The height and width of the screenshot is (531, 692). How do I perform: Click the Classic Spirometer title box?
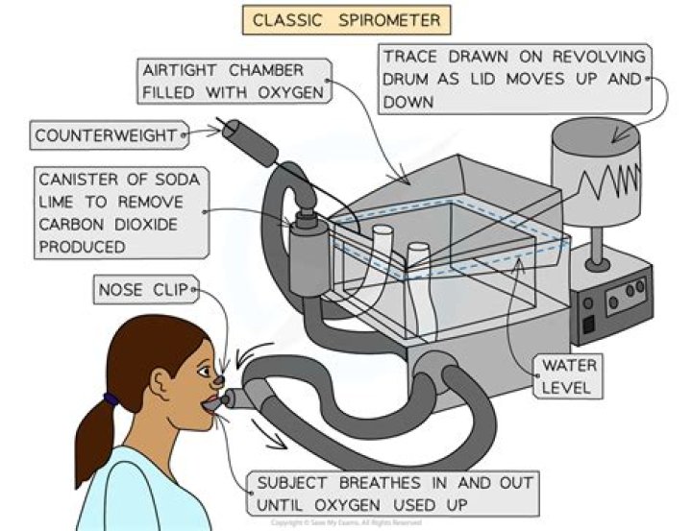(346, 19)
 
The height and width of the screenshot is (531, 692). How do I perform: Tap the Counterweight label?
(106, 135)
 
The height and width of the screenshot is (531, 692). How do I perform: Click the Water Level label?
(570, 377)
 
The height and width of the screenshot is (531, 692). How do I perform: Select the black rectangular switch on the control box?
(583, 325)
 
